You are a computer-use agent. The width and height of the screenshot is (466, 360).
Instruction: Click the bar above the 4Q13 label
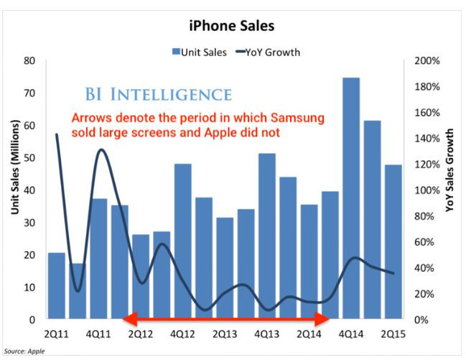266,236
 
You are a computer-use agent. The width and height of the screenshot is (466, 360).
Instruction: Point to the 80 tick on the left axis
30,61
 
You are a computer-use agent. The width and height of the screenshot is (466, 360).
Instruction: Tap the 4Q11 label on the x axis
98,334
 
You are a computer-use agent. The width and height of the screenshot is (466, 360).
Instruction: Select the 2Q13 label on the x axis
224,334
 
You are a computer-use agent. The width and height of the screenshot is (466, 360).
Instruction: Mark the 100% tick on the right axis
428,190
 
